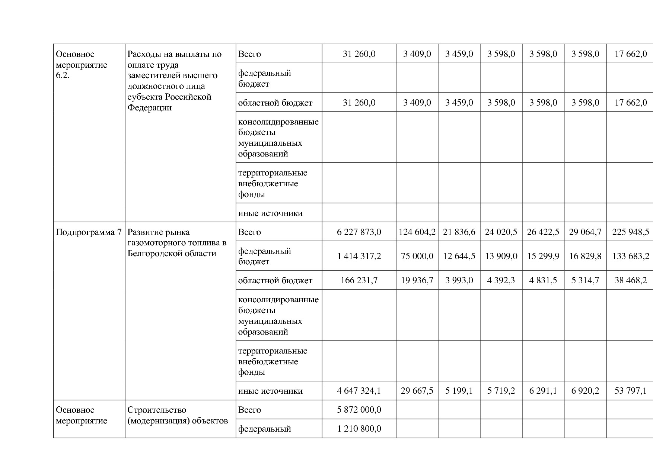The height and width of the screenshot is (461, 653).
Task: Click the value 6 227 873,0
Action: pyautogui.click(x=359, y=232)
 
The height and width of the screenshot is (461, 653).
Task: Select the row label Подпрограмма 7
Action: pyautogui.click(x=89, y=232)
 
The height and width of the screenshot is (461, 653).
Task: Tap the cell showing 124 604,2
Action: pyautogui.click(x=417, y=232)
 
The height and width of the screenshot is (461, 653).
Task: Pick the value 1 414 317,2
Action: pyautogui.click(x=359, y=256)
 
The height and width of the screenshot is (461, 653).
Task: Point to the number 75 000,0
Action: pyautogui.click(x=417, y=256)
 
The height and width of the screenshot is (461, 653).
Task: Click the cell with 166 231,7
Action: pyautogui.click(x=359, y=280)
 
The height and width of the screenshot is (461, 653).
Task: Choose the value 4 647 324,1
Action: pyautogui.click(x=359, y=391)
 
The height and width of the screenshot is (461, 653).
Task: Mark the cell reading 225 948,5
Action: pyautogui.click(x=630, y=232)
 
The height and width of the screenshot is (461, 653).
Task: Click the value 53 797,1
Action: pyautogui.click(x=630, y=391)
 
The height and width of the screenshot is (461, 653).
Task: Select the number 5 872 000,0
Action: pyautogui.click(x=359, y=410)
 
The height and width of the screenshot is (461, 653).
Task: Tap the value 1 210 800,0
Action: pyautogui.click(x=359, y=429)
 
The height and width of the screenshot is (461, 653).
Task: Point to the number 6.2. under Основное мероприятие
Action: pyautogui.click(x=63, y=76)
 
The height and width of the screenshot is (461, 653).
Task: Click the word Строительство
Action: pyautogui.click(x=157, y=410)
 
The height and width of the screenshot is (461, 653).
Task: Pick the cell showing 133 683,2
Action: pyautogui.click(x=630, y=256)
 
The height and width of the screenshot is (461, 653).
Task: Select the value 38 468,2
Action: pyautogui.click(x=630, y=280)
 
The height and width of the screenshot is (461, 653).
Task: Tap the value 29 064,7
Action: pyautogui.click(x=585, y=232)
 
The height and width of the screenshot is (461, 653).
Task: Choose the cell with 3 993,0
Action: pyautogui.click(x=459, y=280)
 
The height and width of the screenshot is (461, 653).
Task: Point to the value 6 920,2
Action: pyautogui.click(x=585, y=391)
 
